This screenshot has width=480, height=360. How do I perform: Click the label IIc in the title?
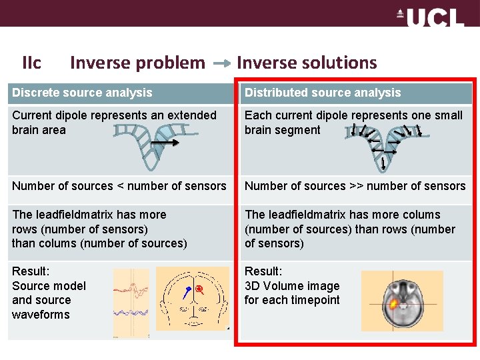(31, 63)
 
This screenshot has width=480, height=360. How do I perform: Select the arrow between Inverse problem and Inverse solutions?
(222, 64)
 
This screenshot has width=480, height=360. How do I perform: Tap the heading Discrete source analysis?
(82, 93)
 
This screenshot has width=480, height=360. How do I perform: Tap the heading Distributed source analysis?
(323, 93)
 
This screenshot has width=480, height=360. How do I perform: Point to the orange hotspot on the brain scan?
(394, 304)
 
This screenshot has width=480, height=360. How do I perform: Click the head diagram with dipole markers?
(192, 298)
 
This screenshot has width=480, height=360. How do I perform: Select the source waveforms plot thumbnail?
(131, 303)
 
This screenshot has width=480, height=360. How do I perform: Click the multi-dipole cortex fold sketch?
(383, 146)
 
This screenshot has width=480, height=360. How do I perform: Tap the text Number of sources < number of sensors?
(119, 186)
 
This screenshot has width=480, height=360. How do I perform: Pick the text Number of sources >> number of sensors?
(355, 186)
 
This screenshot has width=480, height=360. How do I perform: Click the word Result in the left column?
(30, 271)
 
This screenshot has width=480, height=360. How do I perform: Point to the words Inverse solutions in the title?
(307, 63)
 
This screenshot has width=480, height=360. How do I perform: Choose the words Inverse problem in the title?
(137, 63)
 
